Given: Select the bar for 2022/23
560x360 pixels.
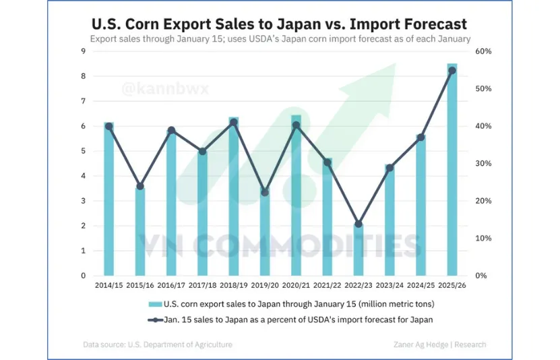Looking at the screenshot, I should pos(359,250).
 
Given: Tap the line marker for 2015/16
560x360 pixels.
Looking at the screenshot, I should pos(140,186).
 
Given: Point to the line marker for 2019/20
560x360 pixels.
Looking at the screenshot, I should pos(265,192).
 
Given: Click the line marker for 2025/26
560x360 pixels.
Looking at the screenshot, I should pos(452,70).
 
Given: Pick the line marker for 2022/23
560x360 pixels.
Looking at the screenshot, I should pos(359,224).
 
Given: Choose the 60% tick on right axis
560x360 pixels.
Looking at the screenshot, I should pos(485,51).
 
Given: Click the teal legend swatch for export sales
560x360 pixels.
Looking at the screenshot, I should pos(155,304).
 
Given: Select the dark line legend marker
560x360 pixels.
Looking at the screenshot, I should pos(155,320).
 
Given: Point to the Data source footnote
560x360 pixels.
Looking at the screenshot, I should pos(158,344).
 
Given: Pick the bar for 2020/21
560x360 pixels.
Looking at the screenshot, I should pos(296,196).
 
